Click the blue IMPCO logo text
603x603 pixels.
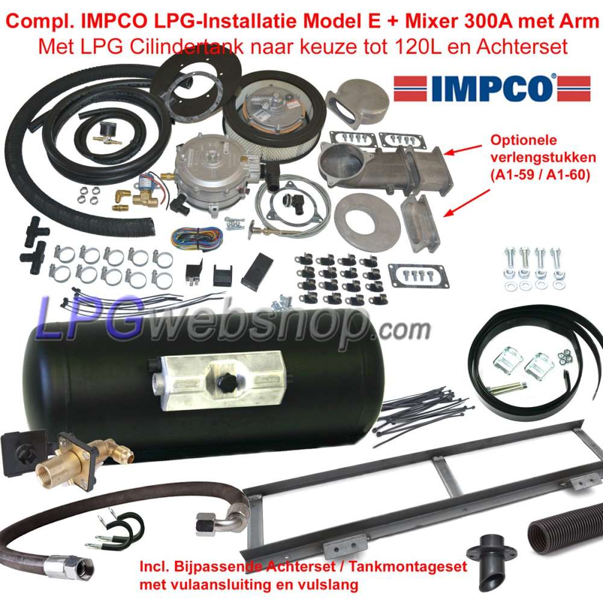[492, 88]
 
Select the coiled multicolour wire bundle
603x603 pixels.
[197, 236]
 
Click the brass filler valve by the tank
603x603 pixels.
[83, 459]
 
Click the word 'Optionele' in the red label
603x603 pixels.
[523, 140]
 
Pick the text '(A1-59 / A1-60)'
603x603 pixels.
[540, 175]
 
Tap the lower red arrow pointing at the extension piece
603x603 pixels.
[467, 203]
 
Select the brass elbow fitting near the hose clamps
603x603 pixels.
[122, 196]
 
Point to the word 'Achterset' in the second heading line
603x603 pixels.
[522, 47]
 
